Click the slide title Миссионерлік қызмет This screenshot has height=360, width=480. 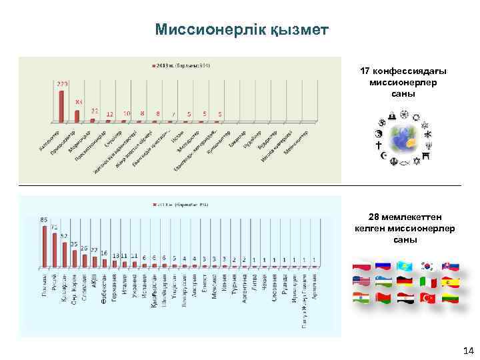tap(241, 29)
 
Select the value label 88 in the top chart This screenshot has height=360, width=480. tap(78, 101)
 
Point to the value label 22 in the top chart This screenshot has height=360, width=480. tap(95, 111)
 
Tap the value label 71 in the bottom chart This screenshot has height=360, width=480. tap(54, 227)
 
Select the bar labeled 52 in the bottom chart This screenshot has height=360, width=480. tap(65, 253)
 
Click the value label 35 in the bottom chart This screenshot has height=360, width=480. tap(74, 243)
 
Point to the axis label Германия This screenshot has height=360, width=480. tap(114, 289)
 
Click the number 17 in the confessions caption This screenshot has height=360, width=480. tap(365, 71)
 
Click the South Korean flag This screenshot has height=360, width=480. tap(427, 266)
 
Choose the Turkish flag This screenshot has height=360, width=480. tap(427, 298)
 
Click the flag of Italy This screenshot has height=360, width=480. tap(427, 282)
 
